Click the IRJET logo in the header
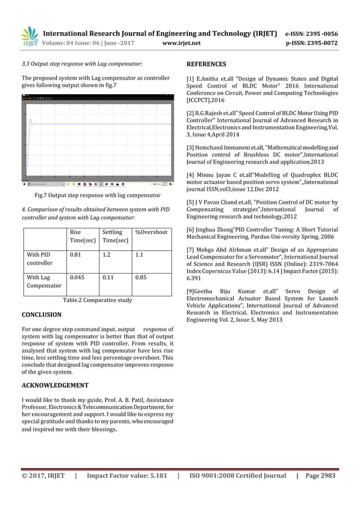pyautogui.click(x=29, y=35)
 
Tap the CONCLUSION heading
pyautogui.click(x=41, y=314)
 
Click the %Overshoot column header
pyautogui.click(x=151, y=232)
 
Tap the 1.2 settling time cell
pyautogui.click(x=106, y=254)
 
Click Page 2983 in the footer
pyautogui.click(x=320, y=476)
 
